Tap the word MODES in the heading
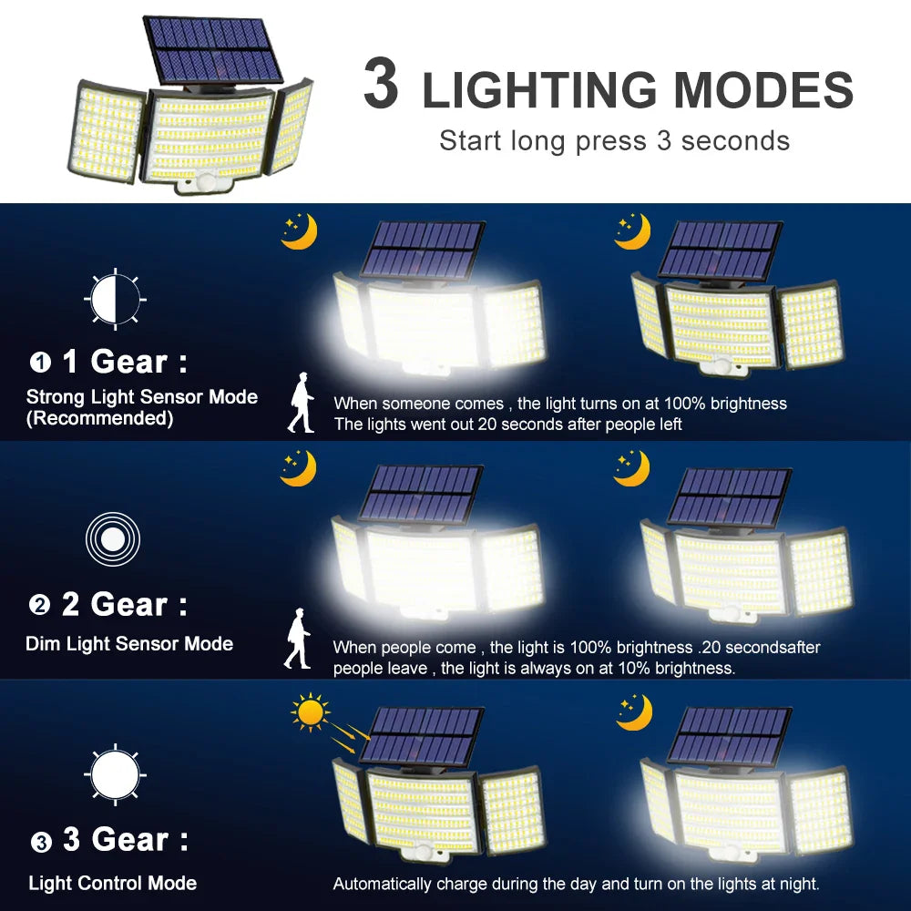[x=763, y=89]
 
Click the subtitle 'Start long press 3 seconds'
[x=614, y=140]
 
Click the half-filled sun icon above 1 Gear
[x=115, y=298]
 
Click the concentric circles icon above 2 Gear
[x=112, y=539]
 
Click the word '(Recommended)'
[x=99, y=418]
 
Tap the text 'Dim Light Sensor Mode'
[x=129, y=643]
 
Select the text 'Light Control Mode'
[x=112, y=883]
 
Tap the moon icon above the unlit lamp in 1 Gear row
[x=632, y=231]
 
